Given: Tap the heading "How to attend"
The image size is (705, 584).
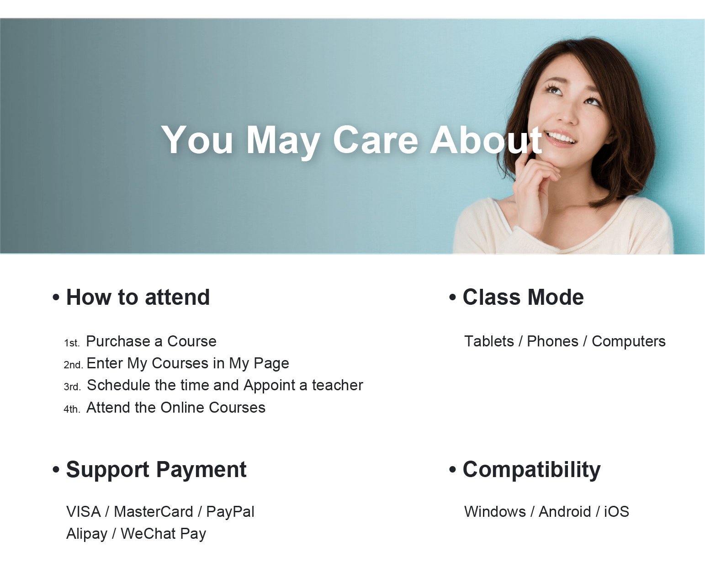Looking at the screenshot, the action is point(138,297).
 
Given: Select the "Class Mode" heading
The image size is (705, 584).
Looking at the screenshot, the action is point(523,297).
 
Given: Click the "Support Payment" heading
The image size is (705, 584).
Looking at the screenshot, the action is point(156,469).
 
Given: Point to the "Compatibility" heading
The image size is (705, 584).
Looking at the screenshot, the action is point(531,469).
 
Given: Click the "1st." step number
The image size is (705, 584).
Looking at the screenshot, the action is point(72,343).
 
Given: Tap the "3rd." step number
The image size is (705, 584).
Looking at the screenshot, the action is point(72,387).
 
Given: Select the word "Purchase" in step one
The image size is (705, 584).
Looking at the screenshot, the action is point(118,341).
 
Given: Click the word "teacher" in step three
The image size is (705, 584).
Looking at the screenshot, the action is point(338,385).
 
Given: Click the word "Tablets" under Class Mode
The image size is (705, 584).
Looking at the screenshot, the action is point(489,341).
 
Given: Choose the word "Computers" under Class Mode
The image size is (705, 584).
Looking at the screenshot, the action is point(629,341).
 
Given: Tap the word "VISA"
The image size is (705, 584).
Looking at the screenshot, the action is point(84,512).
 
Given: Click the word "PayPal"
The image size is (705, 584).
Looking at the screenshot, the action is point(230,512).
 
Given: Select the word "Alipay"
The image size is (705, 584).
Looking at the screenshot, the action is point(87,534).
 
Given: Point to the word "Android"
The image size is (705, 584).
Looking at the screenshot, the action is point(565,512).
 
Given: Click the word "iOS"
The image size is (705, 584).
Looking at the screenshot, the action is point(616,512).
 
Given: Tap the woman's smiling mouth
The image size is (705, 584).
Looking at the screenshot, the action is point(561,138).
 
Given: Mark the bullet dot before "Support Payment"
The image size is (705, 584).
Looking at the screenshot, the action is point(56,469).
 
